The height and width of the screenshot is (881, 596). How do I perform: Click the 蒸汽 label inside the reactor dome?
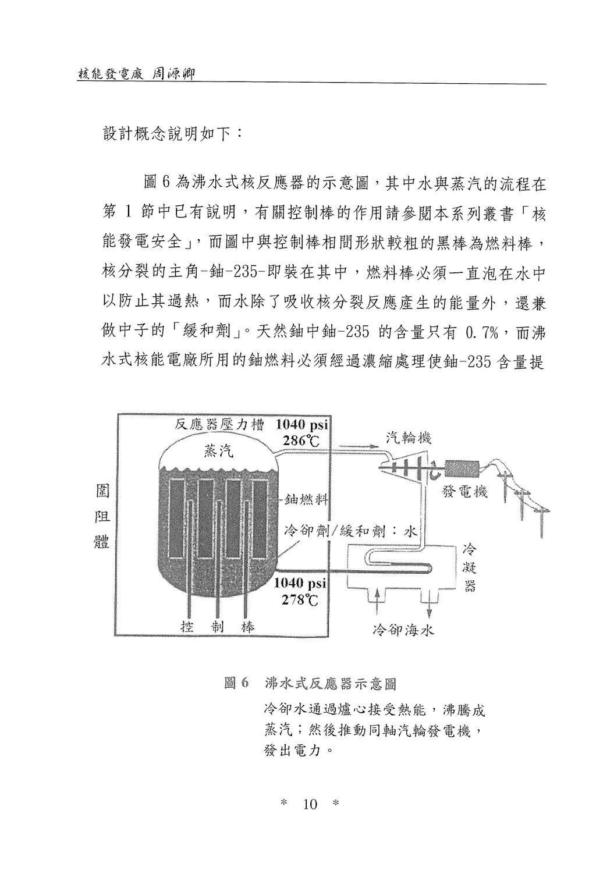pyautogui.click(x=218, y=451)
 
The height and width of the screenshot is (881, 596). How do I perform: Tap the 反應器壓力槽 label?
pyautogui.click(x=219, y=425)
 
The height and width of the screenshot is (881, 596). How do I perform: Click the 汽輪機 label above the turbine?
pyautogui.click(x=409, y=438)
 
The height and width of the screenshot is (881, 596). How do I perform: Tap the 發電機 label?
pyautogui.click(x=465, y=491)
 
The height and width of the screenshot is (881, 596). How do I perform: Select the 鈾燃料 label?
pyautogui.click(x=306, y=500)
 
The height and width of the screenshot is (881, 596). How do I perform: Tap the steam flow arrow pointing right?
pyautogui.click(x=356, y=446)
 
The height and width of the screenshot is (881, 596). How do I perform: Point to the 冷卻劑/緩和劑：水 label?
pyautogui.click(x=350, y=532)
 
